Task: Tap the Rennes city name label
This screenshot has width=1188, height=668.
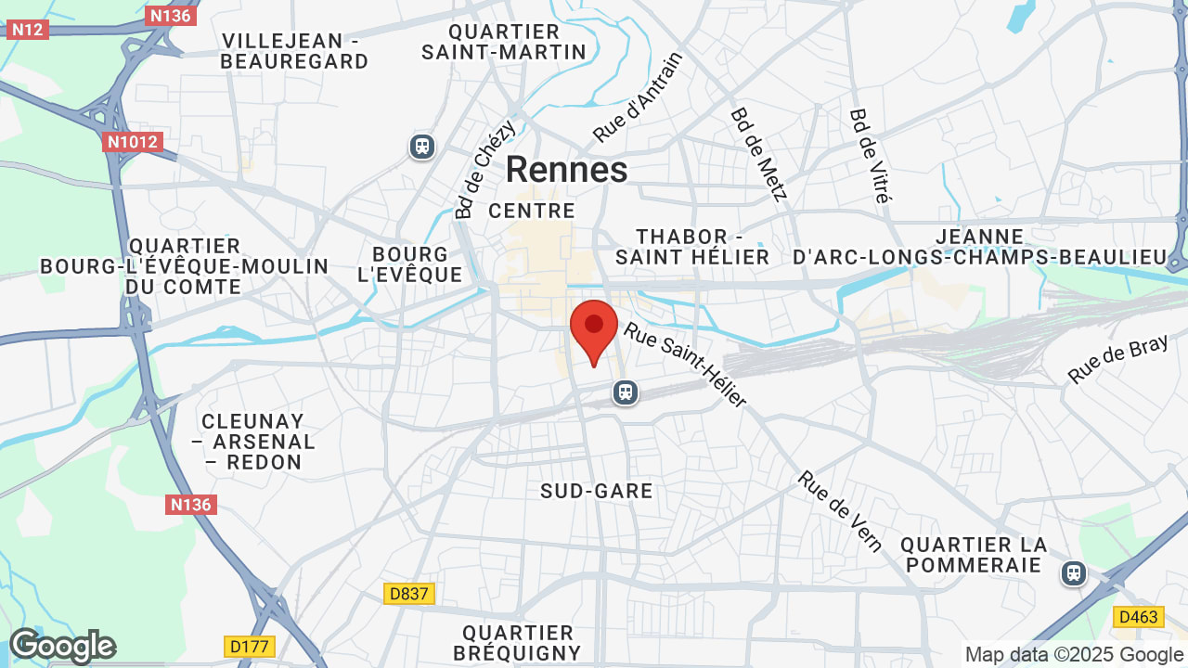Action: [566, 170]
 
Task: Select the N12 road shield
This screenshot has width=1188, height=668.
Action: [27, 30]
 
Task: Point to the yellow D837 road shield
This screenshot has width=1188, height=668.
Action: [409, 593]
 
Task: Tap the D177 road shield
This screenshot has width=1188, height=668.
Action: [249, 644]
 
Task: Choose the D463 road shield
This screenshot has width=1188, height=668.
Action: [1137, 616]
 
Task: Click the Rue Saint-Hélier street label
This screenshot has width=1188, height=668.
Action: [685, 364]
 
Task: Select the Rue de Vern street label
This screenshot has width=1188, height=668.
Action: [841, 511]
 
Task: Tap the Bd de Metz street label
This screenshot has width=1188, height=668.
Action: [758, 154]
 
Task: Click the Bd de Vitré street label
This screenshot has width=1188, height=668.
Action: [870, 155]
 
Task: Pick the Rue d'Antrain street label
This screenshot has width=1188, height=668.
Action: [638, 97]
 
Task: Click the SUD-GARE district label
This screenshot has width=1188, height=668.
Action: [597, 491]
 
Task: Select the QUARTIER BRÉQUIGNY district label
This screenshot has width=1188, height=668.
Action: [518, 643]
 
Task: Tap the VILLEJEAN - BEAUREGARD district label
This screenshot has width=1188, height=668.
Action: [295, 51]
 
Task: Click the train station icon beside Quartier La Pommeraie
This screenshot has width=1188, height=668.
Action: [1074, 573]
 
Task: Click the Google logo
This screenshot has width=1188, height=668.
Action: [62, 646]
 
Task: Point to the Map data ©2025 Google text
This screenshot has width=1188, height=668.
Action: [1075, 654]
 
